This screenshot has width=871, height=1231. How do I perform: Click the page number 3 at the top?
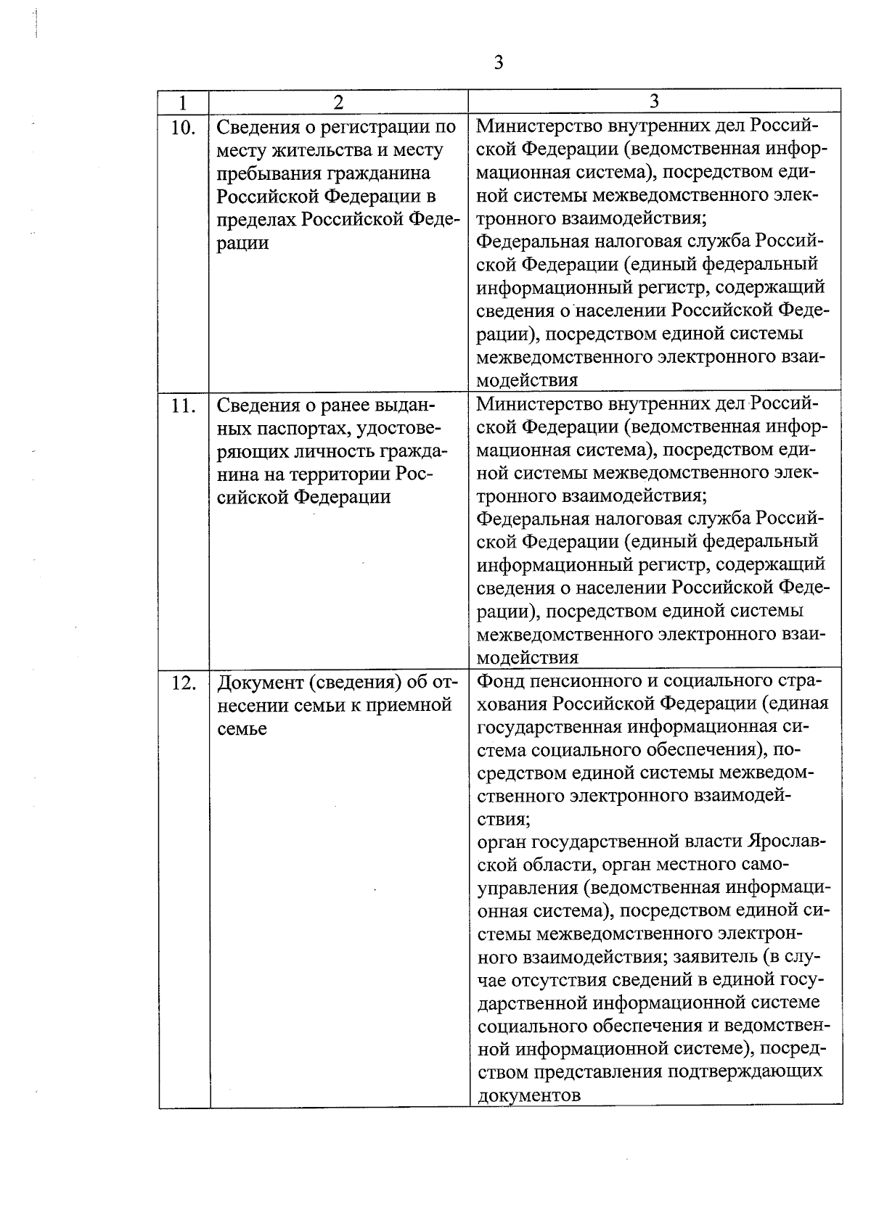coord(498,62)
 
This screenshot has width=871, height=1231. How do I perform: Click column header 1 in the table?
coord(183,102)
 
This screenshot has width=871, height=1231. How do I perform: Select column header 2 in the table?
coord(338,102)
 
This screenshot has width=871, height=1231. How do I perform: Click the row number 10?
coord(183,128)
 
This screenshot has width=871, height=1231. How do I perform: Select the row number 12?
coord(183,683)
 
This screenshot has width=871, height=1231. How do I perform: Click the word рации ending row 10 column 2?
coord(242,243)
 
